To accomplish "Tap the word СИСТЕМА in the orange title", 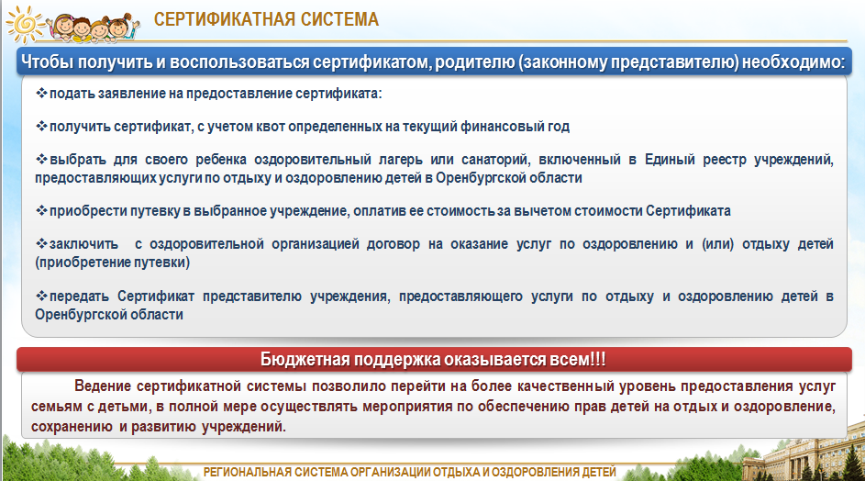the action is click(x=333, y=19).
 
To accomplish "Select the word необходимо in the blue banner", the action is click(x=793, y=62).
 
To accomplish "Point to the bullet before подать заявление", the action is click(x=41, y=93).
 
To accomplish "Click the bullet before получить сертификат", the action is click(x=41, y=126).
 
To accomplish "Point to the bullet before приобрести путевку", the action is click(x=41, y=210).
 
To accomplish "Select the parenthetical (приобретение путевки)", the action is click(x=113, y=263).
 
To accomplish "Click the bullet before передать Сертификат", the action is click(x=41, y=296).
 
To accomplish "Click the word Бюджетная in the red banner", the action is click(x=305, y=360).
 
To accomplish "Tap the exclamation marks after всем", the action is click(x=598, y=359).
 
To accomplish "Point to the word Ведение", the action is click(x=103, y=386).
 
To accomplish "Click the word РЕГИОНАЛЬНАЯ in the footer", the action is click(x=247, y=473).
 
